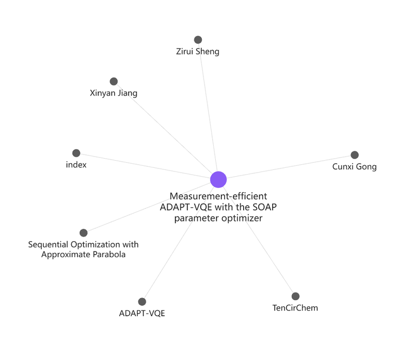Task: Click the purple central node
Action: point(218,179)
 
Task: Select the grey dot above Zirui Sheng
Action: point(198,40)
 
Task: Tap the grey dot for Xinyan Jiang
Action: point(114,82)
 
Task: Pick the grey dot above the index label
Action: point(76,153)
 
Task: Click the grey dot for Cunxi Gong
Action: point(355,155)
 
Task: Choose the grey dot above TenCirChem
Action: point(295,296)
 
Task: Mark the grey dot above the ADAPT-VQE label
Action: point(142,302)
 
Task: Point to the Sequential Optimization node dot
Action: point(84,233)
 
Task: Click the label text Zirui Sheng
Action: point(198,51)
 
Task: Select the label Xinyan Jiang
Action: point(114,93)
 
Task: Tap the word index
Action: point(76,165)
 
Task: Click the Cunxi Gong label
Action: point(355,166)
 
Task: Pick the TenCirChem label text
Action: point(295,308)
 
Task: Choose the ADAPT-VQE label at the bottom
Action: point(142,313)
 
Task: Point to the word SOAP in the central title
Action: point(264,207)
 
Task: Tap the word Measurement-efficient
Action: point(218,196)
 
